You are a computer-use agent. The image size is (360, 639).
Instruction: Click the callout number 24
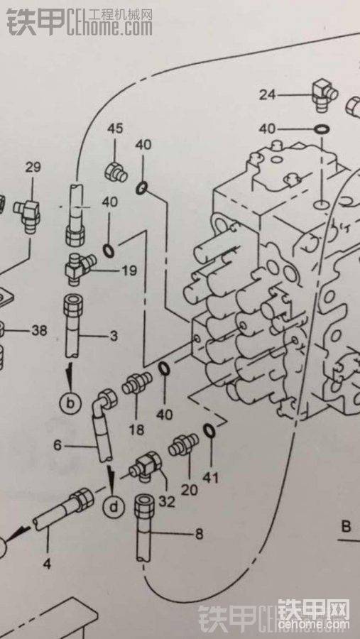click(268, 95)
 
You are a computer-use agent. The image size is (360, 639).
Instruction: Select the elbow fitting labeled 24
click(324, 94)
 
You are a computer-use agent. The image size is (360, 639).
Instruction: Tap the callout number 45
click(114, 129)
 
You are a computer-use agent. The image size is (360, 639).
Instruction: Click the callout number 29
click(33, 167)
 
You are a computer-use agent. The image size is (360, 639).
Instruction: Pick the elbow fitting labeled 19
click(80, 266)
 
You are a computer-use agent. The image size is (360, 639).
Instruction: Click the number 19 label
click(128, 271)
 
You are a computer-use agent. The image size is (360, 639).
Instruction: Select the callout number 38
click(39, 330)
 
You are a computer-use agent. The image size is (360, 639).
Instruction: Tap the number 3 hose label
click(114, 337)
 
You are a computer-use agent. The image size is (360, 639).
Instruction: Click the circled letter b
click(70, 403)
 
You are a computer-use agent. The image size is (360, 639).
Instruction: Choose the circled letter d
click(115, 507)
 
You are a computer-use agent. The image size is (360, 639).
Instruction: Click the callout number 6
click(58, 445)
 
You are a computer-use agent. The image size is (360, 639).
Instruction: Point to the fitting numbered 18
click(137, 383)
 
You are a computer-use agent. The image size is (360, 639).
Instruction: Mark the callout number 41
click(210, 476)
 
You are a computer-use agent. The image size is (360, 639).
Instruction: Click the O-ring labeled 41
click(209, 430)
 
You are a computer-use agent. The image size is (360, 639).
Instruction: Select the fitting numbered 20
click(183, 444)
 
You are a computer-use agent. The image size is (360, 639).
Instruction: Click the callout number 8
click(199, 534)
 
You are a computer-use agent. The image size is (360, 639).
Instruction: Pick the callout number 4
click(48, 564)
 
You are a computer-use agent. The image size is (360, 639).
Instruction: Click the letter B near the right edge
click(346, 527)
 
